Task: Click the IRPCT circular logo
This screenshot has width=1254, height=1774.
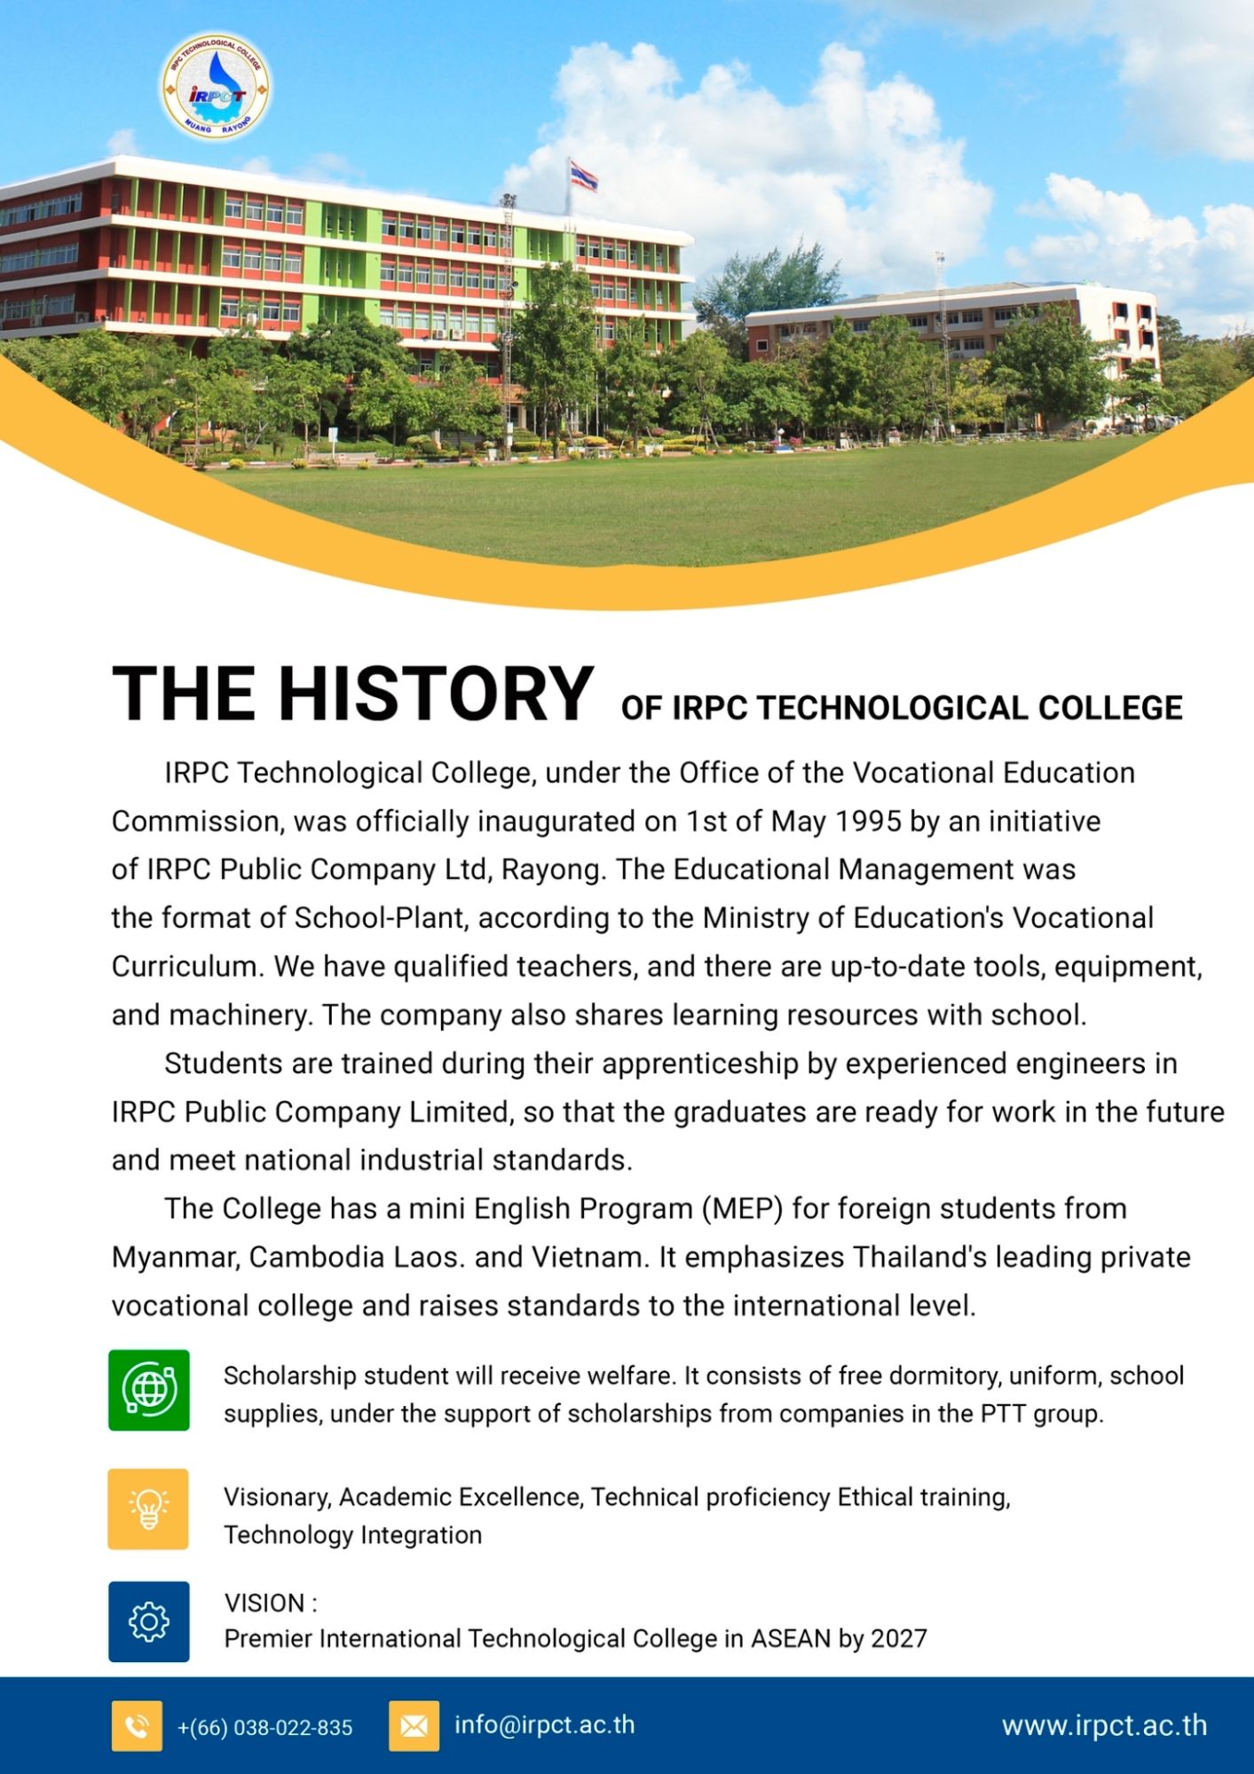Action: point(216,87)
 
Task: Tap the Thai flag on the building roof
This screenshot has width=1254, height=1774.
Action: point(583,175)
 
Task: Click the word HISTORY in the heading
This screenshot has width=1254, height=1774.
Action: point(436,694)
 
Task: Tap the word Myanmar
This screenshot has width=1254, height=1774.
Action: point(173,1257)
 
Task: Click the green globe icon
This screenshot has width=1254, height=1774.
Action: point(149,1390)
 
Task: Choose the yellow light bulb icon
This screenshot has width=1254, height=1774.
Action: point(148,1509)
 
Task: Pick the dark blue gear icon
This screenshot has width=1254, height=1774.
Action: point(149,1621)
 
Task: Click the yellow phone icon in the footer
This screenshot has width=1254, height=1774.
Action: point(137,1726)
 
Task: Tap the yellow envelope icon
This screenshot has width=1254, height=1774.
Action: point(414,1726)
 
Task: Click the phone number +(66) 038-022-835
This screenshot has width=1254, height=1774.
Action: point(264,1727)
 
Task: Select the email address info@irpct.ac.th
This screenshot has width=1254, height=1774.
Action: point(544,1724)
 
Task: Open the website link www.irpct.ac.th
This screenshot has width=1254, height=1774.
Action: point(1104,1725)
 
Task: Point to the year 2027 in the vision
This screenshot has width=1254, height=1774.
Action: point(898,1638)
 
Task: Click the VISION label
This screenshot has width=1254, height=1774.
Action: point(264,1603)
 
